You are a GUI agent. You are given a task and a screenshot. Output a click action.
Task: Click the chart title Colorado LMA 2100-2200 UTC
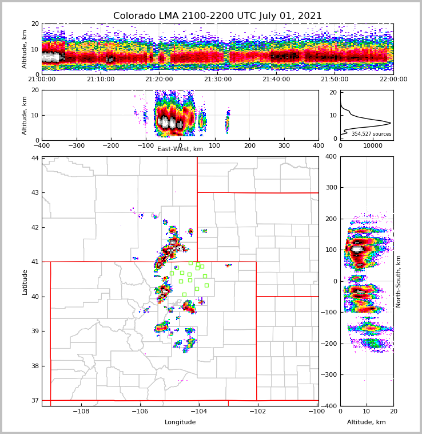point(217,16)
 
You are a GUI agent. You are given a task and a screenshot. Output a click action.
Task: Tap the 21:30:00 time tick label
point(218,80)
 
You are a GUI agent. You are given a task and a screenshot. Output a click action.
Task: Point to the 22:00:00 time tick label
point(393,80)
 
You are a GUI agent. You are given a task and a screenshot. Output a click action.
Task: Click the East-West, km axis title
point(180,149)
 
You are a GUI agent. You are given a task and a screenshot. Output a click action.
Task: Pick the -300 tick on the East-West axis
point(75,145)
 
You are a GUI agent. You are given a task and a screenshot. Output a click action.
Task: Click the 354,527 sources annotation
point(372,134)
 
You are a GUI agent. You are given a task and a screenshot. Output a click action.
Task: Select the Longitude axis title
point(180,423)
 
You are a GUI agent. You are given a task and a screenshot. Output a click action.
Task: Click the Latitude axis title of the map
point(25,282)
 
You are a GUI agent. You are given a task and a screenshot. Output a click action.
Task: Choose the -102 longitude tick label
point(257,412)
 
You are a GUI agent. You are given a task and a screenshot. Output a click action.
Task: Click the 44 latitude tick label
point(35,158)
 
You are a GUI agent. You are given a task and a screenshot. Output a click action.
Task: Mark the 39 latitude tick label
point(35,332)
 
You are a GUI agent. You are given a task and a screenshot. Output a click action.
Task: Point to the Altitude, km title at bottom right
point(367,423)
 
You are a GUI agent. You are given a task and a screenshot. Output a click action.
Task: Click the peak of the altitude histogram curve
point(391,123)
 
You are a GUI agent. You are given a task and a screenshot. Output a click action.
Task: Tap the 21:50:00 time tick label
point(335,80)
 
